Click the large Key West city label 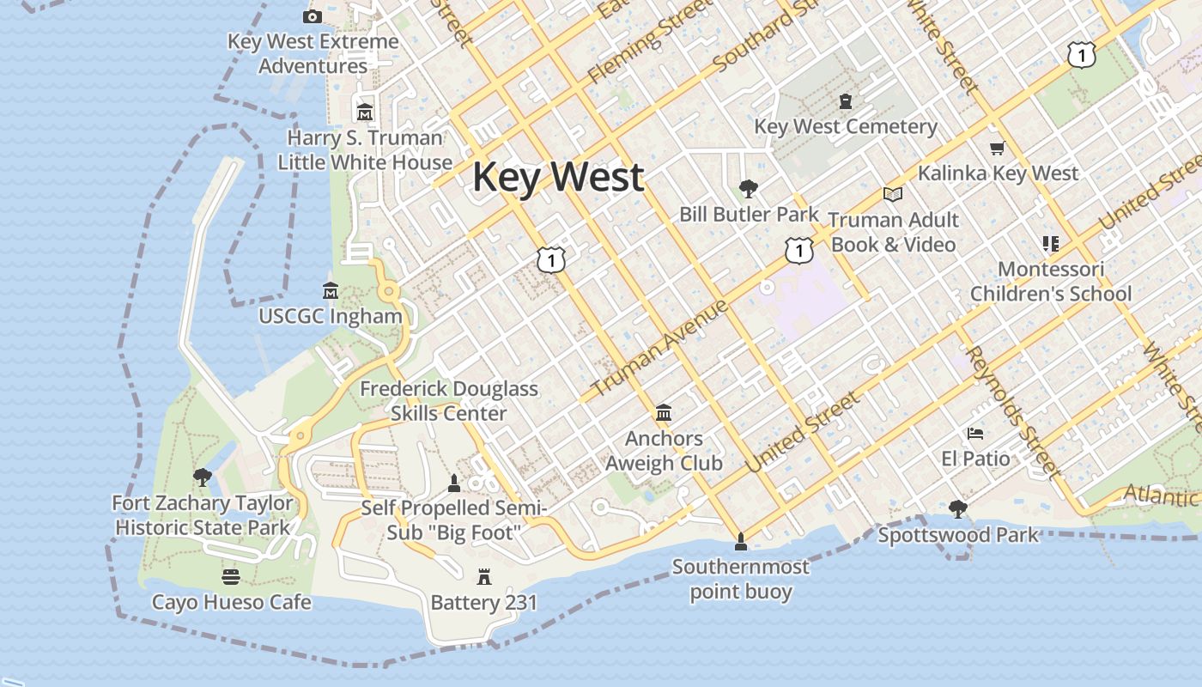558,177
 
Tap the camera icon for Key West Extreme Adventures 313,16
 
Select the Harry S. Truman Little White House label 365,150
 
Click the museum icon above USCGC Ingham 330,291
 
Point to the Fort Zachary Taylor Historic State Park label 203,515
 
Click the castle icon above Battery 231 484,577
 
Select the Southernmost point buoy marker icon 740,541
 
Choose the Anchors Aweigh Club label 664,451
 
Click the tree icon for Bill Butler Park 749,188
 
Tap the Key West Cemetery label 845,127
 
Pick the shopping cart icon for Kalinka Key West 997,149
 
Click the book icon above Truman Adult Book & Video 893,194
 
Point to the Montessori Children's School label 1051,282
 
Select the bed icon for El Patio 975,434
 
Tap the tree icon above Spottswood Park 958,510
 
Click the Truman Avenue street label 659,349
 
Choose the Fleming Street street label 648,43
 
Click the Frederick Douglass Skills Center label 448,401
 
